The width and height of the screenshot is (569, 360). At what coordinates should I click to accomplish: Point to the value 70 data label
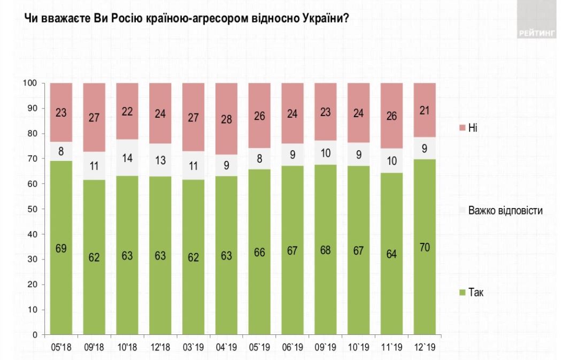(x=426, y=248)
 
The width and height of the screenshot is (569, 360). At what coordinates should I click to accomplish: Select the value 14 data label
(x=127, y=158)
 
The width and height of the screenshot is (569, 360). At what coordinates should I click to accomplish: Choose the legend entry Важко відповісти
(x=505, y=210)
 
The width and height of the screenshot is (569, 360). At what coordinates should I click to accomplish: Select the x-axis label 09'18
(x=94, y=346)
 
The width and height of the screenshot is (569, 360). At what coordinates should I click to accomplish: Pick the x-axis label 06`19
(x=293, y=346)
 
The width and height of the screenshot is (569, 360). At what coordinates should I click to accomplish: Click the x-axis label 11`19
(x=393, y=346)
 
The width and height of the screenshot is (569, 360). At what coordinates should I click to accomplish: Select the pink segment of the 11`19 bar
(x=393, y=116)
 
